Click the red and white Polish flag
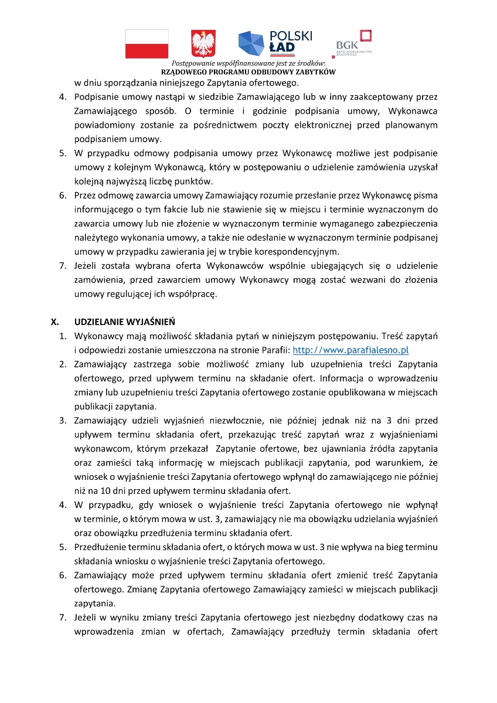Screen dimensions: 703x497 pyautogui.click(x=147, y=44)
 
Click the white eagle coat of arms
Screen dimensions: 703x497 pyautogui.click(x=203, y=44)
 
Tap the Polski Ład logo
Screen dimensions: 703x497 pyautogui.click(x=275, y=42)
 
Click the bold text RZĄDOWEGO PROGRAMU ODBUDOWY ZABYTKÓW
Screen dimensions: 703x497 pyautogui.click(x=249, y=71)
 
